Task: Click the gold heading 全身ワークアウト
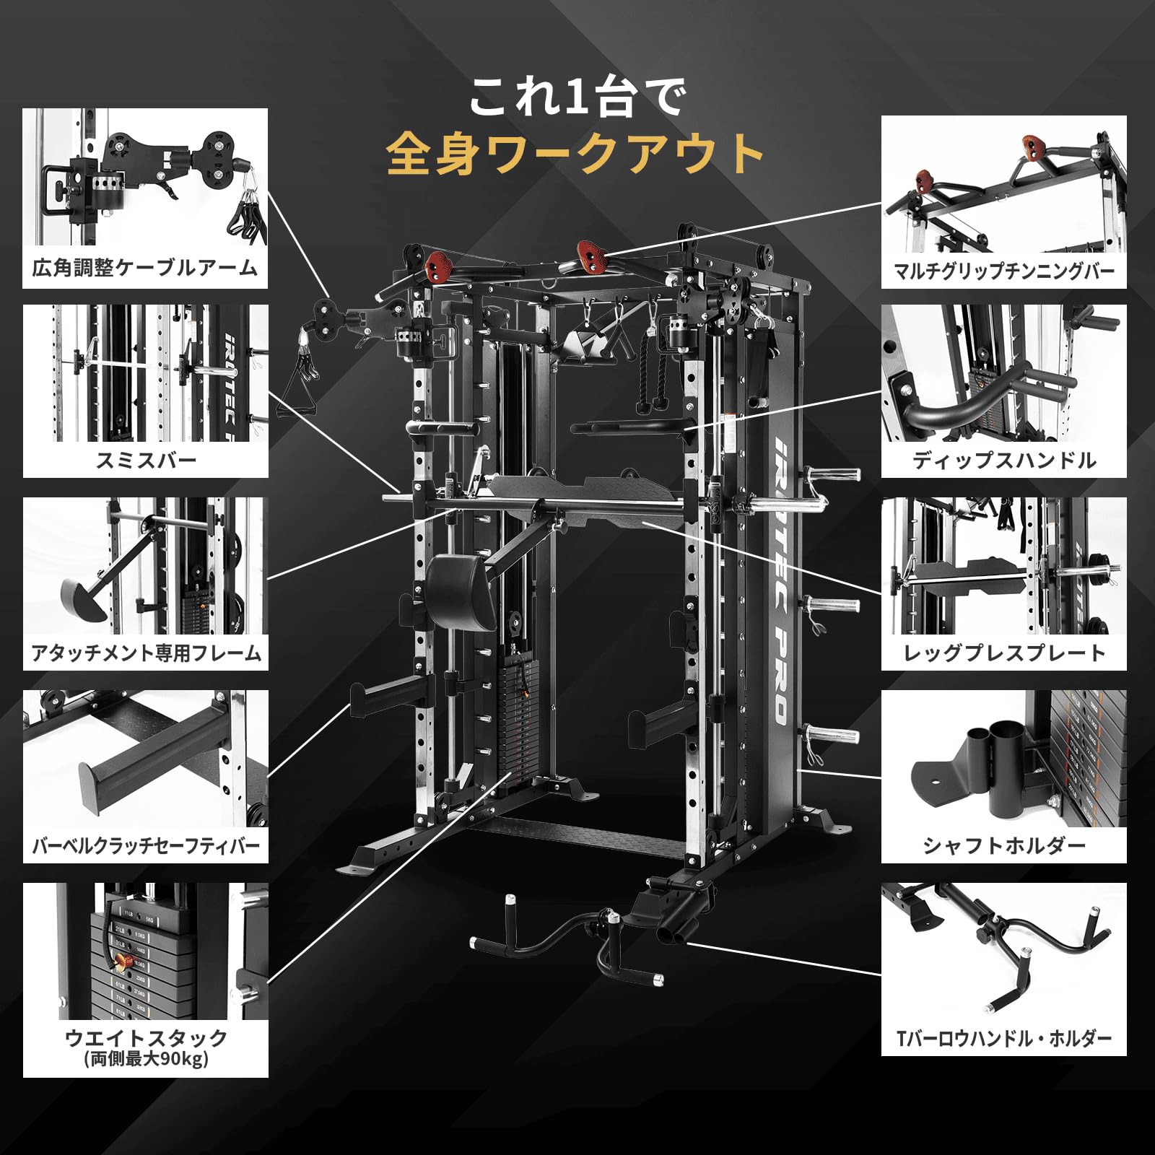575,153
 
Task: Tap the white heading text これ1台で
575,97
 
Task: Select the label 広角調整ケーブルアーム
145,268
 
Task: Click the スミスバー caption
145,460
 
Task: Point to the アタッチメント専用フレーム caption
145,653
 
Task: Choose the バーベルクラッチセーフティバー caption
145,845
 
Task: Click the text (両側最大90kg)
145,1059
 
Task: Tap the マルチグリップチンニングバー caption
1003,271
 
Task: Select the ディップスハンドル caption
1003,460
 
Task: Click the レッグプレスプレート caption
1003,653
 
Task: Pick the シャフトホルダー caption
1003,845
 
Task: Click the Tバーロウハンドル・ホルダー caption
1003,1038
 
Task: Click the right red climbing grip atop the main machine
592,256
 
